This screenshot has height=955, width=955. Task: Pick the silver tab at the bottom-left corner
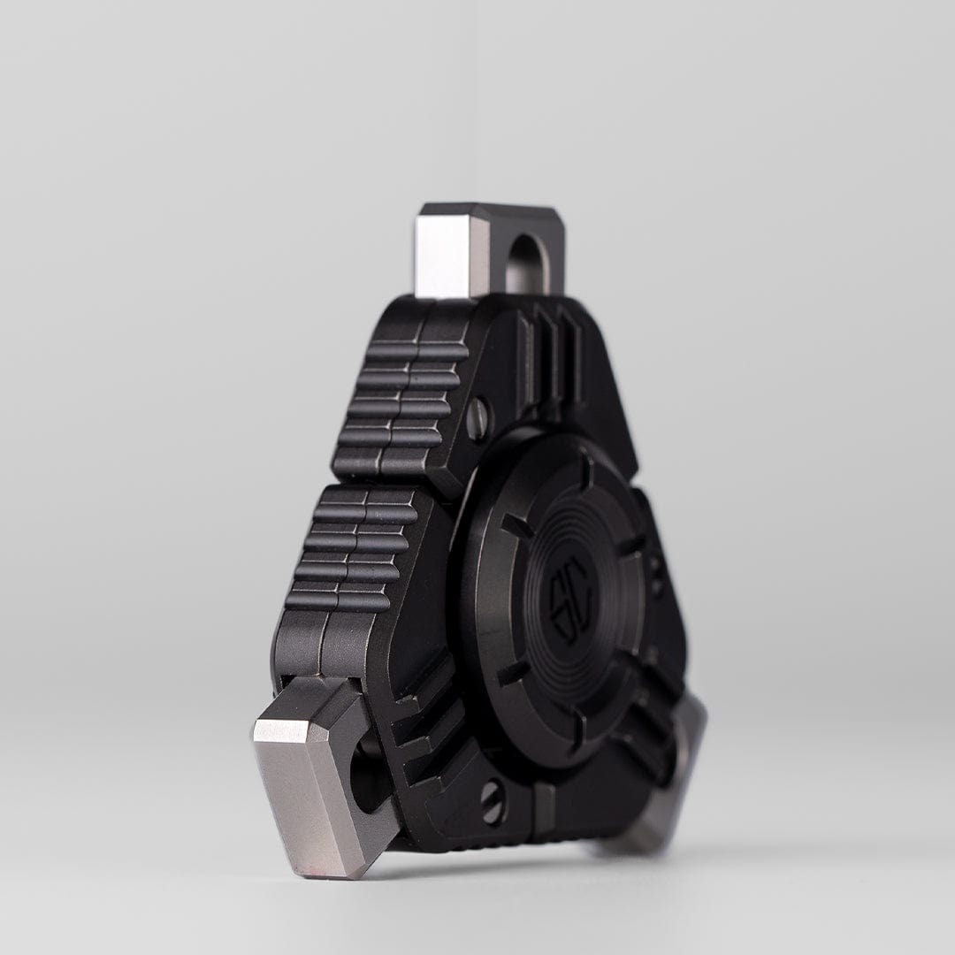tap(314, 778)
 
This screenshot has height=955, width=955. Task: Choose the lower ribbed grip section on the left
tap(354, 548)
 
